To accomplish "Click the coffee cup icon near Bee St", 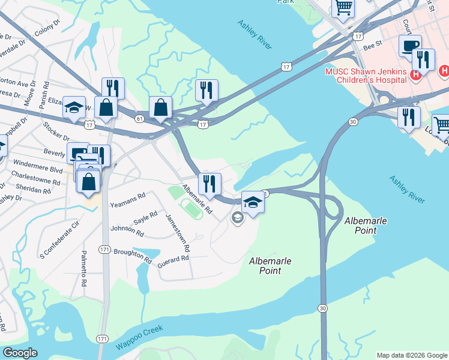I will click(410, 46).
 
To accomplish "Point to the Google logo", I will click(20, 353).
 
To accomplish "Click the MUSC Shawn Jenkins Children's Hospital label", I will click(366, 75).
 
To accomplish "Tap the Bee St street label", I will click(373, 44).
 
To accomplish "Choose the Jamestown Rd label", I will click(178, 232).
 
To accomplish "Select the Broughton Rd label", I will click(132, 256).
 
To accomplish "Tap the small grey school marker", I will click(237, 217).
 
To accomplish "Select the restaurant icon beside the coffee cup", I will click(424, 59).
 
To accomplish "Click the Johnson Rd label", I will click(127, 230).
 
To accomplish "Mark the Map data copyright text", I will click(411, 355).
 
